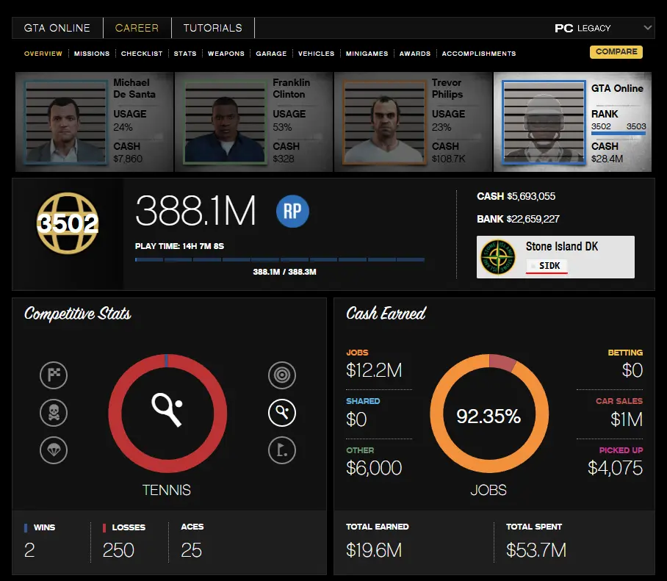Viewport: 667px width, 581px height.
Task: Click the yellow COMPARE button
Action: click(x=616, y=52)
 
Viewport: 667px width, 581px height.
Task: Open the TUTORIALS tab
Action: click(x=212, y=28)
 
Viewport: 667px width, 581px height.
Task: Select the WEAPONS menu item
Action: click(x=226, y=54)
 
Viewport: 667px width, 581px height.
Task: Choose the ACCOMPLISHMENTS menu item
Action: click(x=478, y=54)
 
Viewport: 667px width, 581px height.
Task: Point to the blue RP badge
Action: click(x=292, y=212)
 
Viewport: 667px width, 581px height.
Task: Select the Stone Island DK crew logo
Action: click(x=498, y=257)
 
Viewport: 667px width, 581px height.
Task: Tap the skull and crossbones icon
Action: click(x=54, y=413)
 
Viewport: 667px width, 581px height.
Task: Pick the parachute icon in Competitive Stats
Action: click(x=54, y=450)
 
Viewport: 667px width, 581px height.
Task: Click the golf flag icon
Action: click(x=282, y=450)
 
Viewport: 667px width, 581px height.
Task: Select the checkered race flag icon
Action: click(x=54, y=375)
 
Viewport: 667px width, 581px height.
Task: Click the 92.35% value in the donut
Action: click(x=488, y=416)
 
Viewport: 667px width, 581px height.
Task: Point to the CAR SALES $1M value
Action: click(x=626, y=419)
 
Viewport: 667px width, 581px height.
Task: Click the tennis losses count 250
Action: click(x=118, y=550)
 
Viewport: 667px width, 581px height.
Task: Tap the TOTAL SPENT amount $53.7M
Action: click(x=536, y=550)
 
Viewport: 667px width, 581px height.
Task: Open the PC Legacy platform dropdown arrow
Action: click(x=647, y=28)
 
